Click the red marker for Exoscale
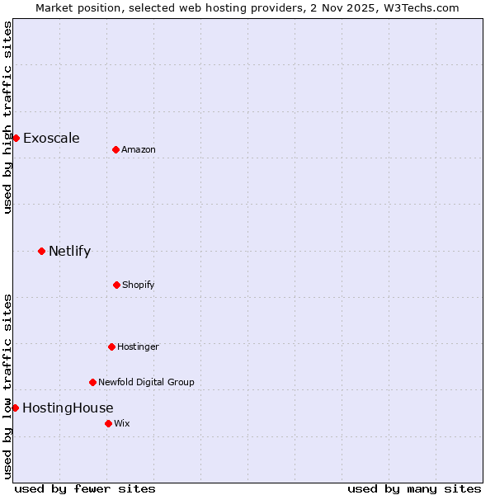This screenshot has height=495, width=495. [16, 138]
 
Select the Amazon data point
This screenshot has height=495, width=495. [115, 149]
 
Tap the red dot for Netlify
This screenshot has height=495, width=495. [41, 251]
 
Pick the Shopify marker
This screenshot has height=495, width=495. [116, 285]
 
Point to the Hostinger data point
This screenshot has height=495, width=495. [111, 346]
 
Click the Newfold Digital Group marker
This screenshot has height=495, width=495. [92, 382]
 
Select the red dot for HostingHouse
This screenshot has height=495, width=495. [15, 408]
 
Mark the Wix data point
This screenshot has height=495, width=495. [108, 423]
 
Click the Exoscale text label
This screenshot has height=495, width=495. [51, 138]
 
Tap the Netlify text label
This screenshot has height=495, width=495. [69, 251]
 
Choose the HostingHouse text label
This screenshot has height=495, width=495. [68, 408]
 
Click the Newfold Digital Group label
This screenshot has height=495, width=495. [146, 382]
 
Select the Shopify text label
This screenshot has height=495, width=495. [138, 285]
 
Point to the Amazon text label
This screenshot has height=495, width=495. [139, 149]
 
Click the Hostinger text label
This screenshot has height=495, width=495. [138, 346]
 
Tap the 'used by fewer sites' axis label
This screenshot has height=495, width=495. [85, 488]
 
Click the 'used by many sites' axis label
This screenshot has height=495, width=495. [414, 488]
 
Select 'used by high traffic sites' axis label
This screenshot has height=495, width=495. [7, 117]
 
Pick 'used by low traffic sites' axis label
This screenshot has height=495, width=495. [7, 386]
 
